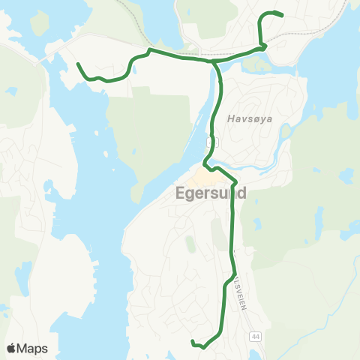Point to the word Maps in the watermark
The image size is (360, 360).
click(32, 349)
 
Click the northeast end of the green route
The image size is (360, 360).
click(281, 15)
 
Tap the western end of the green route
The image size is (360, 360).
click(78, 64)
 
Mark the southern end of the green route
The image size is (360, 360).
click(193, 342)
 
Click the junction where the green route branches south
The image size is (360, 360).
click(214, 63)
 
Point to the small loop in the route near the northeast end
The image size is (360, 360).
click(262, 46)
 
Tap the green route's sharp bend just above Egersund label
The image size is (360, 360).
click(235, 182)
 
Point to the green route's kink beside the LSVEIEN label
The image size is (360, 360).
click(226, 281)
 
